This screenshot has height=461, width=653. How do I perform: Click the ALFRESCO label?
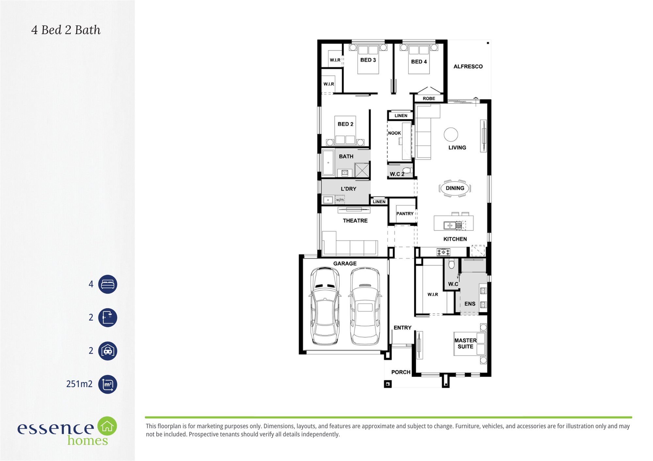[x=468, y=67]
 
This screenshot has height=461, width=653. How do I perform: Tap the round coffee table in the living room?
[x=451, y=134]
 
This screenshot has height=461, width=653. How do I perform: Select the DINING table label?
[x=455, y=188]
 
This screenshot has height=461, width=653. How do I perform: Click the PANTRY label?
[x=405, y=214]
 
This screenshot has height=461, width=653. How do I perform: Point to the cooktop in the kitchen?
[x=443, y=252]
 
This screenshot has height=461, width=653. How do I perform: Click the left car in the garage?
[x=325, y=306]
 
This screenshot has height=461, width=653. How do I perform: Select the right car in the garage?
[x=365, y=306]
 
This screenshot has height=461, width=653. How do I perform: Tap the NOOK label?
[x=394, y=133]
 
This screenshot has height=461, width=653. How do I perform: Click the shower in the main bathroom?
[x=362, y=171]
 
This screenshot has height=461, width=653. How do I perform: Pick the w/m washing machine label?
[x=340, y=200]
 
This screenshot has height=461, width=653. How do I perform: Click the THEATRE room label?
[x=355, y=221]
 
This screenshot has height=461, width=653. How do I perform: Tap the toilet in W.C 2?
[x=407, y=170]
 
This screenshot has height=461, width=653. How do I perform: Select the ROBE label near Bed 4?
[x=429, y=98]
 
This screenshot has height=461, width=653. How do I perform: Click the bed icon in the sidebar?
[x=108, y=284]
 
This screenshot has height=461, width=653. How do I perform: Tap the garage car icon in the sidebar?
[x=108, y=351]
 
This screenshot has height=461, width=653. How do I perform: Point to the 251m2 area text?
[x=79, y=384]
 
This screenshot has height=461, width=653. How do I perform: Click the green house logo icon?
[x=107, y=426]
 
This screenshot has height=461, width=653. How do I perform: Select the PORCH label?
[x=401, y=372]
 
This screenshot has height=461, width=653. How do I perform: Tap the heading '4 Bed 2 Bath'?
[x=66, y=30]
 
